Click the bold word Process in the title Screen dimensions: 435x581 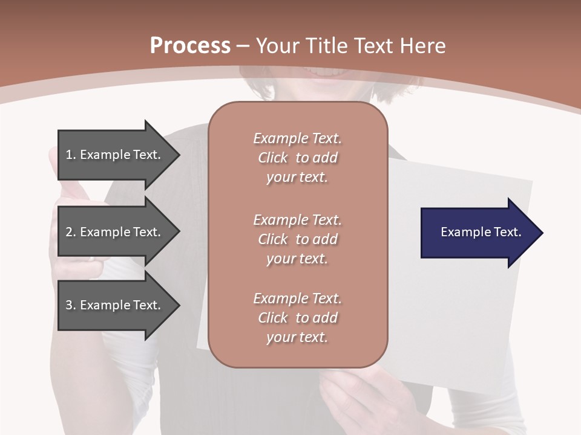[x=190, y=46]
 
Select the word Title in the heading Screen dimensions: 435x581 [x=327, y=46]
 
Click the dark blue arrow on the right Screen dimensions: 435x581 [x=478, y=232]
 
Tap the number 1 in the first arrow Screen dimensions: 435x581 [x=69, y=155]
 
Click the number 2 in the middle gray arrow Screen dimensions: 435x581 [x=69, y=232]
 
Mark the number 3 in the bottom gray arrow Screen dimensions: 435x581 [x=69, y=305]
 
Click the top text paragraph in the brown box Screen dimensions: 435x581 [x=297, y=158]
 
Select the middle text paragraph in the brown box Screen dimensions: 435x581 [x=297, y=239]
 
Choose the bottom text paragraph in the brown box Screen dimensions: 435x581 [x=297, y=318]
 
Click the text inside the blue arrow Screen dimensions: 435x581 [x=481, y=232]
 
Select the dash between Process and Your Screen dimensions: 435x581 [x=243, y=46]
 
